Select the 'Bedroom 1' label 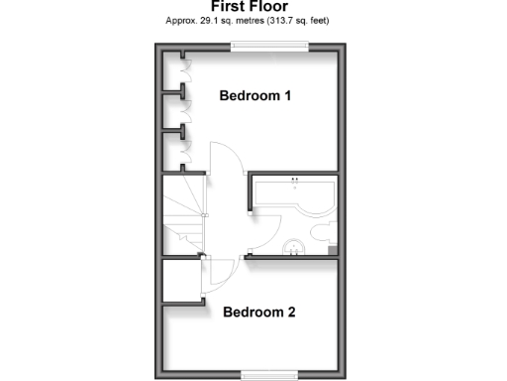(254, 97)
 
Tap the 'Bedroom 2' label (259, 312)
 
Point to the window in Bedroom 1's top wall (270, 45)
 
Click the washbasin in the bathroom (294, 247)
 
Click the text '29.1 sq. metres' (230, 20)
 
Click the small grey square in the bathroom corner (332, 248)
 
